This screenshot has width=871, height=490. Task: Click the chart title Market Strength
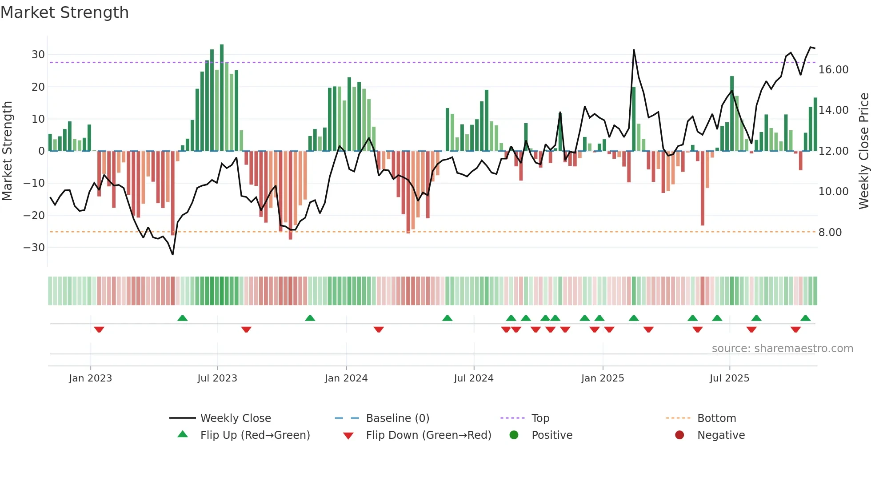tap(65, 12)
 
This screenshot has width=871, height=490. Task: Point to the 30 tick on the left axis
tap(38, 55)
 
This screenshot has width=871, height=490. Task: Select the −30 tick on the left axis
tap(35, 247)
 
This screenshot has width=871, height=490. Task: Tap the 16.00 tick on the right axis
tap(833, 70)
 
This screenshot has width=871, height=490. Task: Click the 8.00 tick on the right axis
tap(830, 233)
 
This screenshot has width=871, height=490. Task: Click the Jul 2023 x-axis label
tap(217, 378)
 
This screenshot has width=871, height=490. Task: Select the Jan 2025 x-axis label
tap(602, 378)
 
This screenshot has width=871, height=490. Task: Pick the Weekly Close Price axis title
tap(863, 151)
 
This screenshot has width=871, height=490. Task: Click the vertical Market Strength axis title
tap(8, 151)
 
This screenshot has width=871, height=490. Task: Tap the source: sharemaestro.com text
tap(782, 349)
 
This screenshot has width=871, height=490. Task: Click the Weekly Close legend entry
tap(235, 418)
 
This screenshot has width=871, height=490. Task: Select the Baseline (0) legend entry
tap(397, 418)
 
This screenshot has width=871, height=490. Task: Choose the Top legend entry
tap(540, 418)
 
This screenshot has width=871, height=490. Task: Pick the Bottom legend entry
tap(716, 418)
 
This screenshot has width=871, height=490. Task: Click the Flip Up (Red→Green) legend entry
tap(255, 435)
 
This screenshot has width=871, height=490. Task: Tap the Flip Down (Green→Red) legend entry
tap(428, 435)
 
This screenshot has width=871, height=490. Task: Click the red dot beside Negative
tap(679, 435)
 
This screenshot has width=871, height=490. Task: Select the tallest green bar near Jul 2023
tap(222, 97)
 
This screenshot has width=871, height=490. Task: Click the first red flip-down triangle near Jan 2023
tap(99, 329)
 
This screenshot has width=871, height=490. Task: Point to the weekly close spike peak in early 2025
tap(634, 50)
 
